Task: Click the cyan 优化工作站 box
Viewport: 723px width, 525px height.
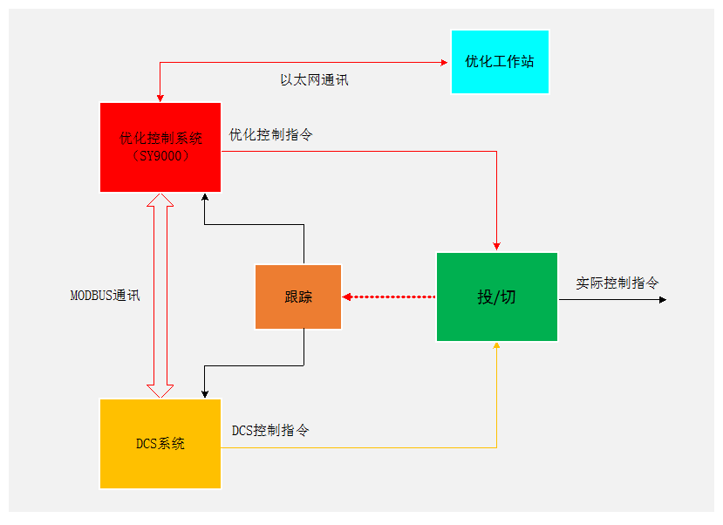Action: pos(500,62)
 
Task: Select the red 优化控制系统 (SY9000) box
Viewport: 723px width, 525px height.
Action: pos(160,147)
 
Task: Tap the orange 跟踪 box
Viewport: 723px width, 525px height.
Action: pos(298,297)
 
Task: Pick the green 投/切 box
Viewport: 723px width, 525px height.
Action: pos(496,297)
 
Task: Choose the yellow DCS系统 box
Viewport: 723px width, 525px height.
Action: pos(160,443)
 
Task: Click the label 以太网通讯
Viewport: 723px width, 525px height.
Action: pos(314,79)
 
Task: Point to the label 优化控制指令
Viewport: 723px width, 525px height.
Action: pos(271,135)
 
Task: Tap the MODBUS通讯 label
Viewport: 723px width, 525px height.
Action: pos(105,296)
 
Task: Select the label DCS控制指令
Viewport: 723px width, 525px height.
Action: pos(270,431)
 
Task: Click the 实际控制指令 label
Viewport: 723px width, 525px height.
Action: pos(617,283)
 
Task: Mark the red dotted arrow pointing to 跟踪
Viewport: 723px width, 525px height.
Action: pos(388,297)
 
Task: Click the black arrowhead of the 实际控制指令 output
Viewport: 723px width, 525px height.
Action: pos(663,300)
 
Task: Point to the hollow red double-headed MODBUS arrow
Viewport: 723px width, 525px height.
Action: pos(160,296)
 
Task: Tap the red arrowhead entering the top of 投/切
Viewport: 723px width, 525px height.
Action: pos(496,246)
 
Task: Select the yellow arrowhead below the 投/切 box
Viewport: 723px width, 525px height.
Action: pos(496,346)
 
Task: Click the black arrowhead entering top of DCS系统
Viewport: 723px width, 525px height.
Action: pos(204,393)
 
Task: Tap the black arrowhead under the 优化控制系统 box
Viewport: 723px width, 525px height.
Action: pos(204,197)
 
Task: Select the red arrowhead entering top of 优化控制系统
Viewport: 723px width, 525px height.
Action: pos(160,98)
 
